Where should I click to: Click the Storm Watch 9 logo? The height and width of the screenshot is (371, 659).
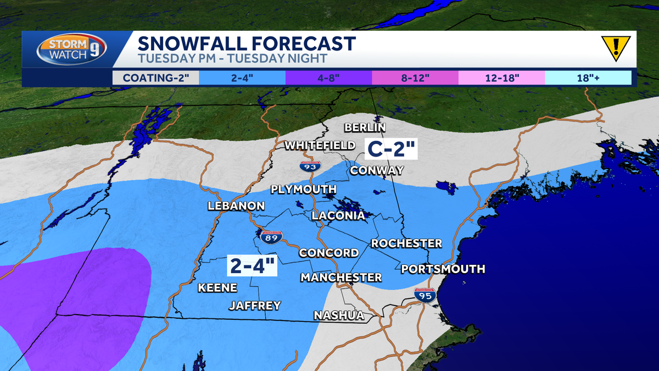coord(71,50)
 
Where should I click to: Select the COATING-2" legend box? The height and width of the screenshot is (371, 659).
coord(155,77)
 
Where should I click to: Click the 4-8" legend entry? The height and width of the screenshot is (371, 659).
coord(328,77)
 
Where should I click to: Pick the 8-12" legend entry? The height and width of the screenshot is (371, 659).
coord(415,77)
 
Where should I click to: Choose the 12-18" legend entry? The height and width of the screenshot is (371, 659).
coord(501,77)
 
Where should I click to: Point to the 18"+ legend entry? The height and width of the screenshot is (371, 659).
coord(588,77)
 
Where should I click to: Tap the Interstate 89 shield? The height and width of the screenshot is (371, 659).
coord(269,237)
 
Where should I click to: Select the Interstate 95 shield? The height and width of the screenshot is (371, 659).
coord(425,296)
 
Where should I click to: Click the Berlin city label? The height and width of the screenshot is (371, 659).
coord(365,128)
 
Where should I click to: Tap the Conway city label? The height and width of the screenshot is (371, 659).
coord(377,170)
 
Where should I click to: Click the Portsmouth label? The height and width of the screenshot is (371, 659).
coord(443,269)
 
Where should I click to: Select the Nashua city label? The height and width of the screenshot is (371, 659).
coord(339,315)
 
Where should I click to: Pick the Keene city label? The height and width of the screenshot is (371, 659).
coord(217,287)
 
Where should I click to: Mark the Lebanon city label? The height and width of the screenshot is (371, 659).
coord(236,206)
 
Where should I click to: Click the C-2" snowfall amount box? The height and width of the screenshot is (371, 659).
coord(392,148)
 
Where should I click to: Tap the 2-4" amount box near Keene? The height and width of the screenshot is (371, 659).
coord(253,266)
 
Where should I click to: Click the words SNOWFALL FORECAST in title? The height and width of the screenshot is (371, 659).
coord(247,43)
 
